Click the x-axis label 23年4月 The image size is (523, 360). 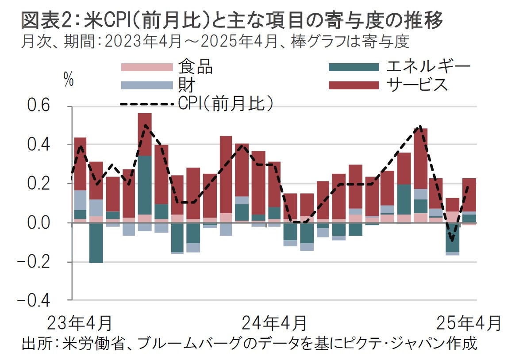(80, 323)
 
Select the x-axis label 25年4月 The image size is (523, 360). (469, 323)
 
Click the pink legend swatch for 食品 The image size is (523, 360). (147, 67)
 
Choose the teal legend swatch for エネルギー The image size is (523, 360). (354, 67)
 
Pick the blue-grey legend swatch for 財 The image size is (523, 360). (147, 85)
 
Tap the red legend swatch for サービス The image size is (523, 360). (354, 85)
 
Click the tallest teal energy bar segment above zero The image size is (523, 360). (145, 185)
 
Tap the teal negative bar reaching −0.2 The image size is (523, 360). (96, 243)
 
